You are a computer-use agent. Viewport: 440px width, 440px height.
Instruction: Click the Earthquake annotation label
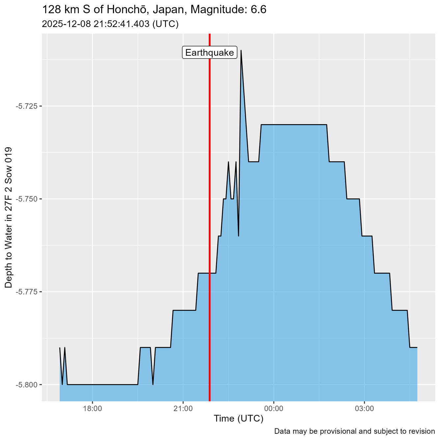pyautogui.click(x=210, y=53)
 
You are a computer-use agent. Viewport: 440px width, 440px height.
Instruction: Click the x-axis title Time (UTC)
pyautogui.click(x=238, y=419)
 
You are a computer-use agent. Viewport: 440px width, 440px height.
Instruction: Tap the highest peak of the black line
pyautogui.click(x=241, y=50)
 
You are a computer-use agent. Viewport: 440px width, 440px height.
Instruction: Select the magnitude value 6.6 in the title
pyautogui.click(x=259, y=10)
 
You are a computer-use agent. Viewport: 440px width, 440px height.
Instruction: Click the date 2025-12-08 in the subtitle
pyautogui.click(x=63, y=24)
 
